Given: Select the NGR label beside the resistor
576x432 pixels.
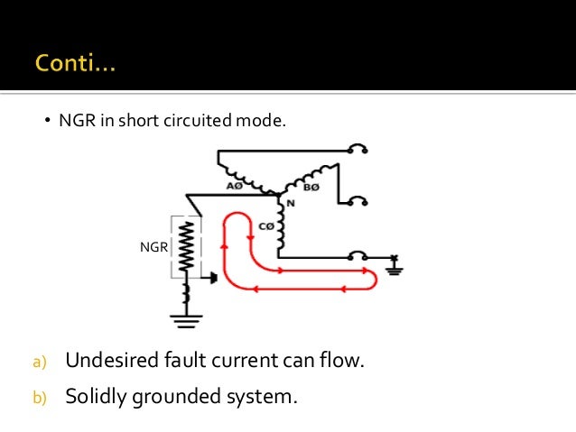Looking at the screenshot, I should click(x=154, y=246).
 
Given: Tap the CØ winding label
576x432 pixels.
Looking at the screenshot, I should click(x=266, y=226).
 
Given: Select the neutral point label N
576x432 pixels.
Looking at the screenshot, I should click(x=291, y=204).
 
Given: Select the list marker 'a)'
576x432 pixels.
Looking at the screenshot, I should click(x=39, y=363).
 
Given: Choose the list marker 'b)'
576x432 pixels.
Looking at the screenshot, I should click(x=39, y=395).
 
